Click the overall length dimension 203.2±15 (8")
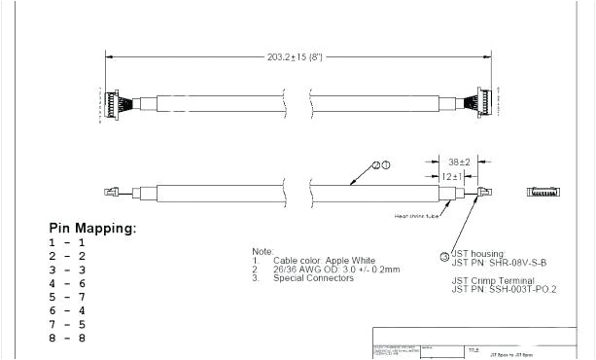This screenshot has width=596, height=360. coord(296,57)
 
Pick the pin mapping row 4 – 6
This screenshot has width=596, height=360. coord(67,283)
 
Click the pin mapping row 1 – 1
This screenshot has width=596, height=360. coord(67,242)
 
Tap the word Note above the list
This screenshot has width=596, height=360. coord(263,252)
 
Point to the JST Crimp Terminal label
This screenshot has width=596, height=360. coord(492,280)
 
